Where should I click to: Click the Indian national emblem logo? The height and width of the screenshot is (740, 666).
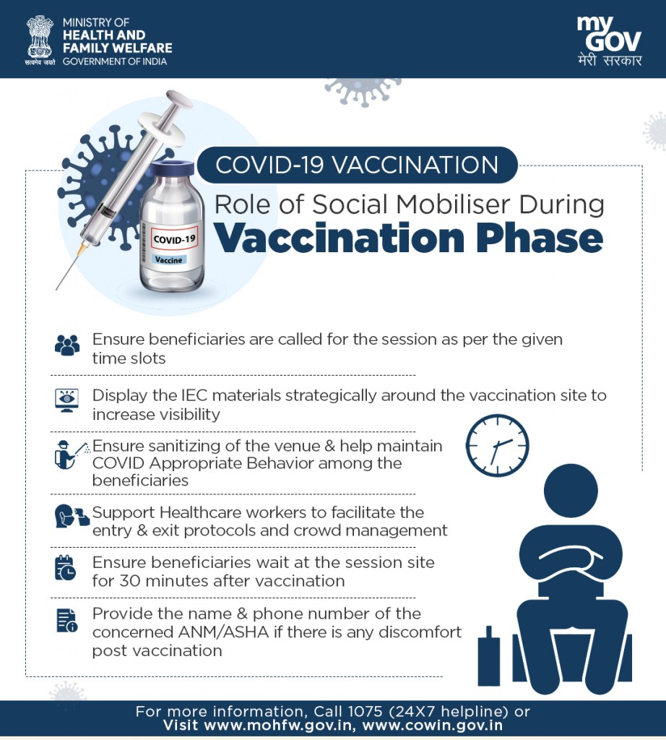(40, 40)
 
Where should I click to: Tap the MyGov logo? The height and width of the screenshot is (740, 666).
(610, 41)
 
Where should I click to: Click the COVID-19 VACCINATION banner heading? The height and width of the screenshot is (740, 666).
(357, 165)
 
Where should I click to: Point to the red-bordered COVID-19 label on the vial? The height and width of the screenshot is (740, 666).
(174, 238)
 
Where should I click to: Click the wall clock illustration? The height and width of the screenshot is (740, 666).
(497, 445)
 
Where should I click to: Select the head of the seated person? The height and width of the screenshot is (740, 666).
(571, 491)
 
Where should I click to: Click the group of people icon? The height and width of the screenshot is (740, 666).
(67, 345)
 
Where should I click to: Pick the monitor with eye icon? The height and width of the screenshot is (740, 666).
(67, 400)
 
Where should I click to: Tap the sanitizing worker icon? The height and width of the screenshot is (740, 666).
(72, 455)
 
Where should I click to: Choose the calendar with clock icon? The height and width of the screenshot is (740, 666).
(65, 567)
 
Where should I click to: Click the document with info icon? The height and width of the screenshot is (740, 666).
(67, 620)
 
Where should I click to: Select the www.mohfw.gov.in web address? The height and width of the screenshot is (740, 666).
(279, 726)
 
